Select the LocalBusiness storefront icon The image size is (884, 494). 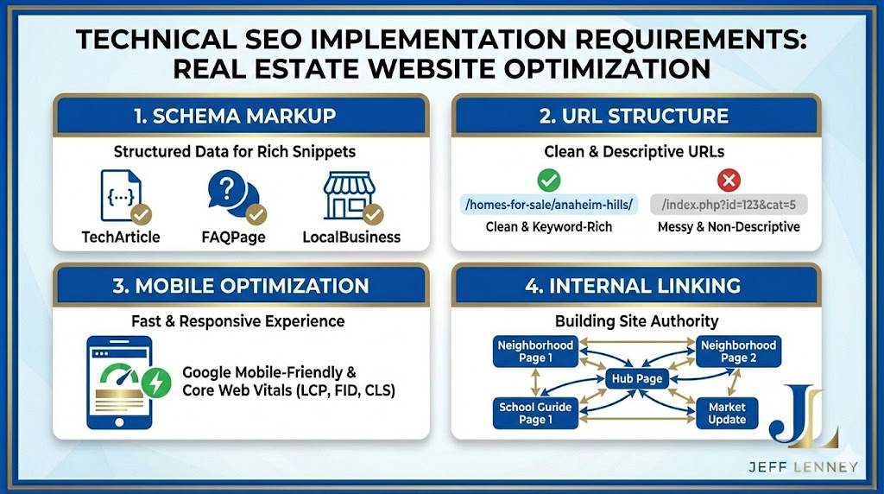pyautogui.click(x=348, y=196)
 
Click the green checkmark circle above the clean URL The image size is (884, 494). pyautogui.click(x=549, y=180)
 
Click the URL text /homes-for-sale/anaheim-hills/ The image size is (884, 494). pyautogui.click(x=548, y=205)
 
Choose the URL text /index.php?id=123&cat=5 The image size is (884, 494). pyautogui.click(x=729, y=205)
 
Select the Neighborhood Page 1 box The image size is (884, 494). pyautogui.click(x=535, y=351)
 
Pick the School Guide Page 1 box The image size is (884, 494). pyautogui.click(x=535, y=413)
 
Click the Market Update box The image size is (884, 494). pyautogui.click(x=727, y=413)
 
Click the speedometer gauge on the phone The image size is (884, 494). pyautogui.click(x=120, y=377)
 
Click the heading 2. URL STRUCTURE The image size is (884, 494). pyautogui.click(x=636, y=116)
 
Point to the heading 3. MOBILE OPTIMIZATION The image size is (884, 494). pyautogui.click(x=242, y=285)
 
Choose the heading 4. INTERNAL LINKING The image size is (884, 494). pyautogui.click(x=636, y=285)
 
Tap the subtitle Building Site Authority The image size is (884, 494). pyautogui.click(x=636, y=321)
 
